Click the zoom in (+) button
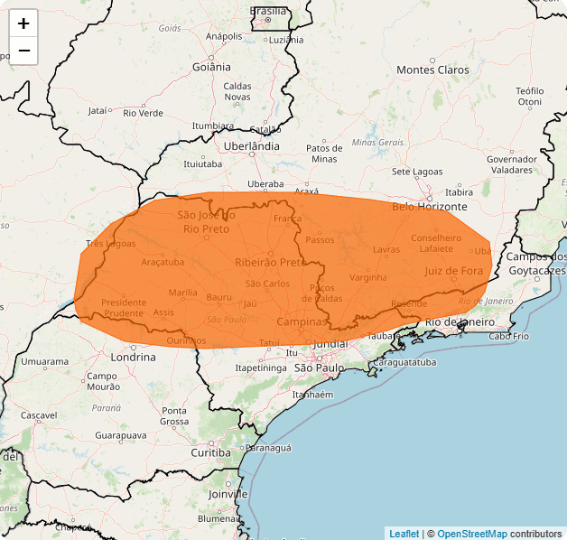(23, 23)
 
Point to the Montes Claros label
(432, 70)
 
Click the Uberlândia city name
(252, 145)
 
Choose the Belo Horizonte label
(430, 207)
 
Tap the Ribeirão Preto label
(270, 262)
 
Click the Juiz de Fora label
(453, 270)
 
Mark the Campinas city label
(302, 321)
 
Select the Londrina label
(133, 357)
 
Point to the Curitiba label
(210, 452)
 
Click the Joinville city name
(228, 495)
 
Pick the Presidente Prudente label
(124, 308)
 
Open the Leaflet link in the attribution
(404, 534)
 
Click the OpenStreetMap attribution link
(472, 534)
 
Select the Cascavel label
(40, 415)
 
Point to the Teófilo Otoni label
(530, 96)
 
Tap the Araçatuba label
(163, 262)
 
